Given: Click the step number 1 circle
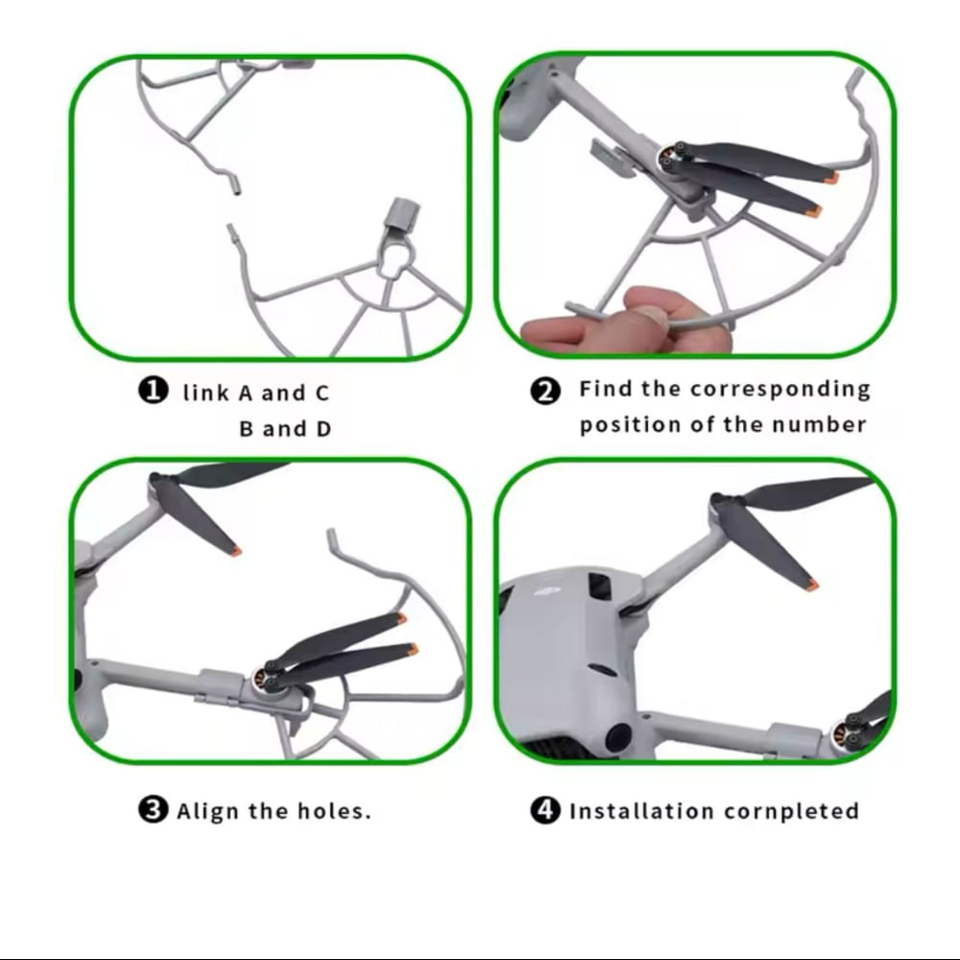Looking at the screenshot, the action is coord(153,391).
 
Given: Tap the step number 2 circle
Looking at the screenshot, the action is coord(545,391).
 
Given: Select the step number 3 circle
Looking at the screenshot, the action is coord(153,809).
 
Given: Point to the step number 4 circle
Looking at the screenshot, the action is coord(545,809).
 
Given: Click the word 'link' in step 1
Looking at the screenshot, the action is coord(206,393).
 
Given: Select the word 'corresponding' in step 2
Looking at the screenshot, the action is coord(780,391).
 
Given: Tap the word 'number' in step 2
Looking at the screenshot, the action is coord(819,424).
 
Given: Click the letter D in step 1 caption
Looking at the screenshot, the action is coord(324,428).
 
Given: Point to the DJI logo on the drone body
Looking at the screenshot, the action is coord(548,591).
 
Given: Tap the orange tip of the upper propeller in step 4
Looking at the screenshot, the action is coord(812,585).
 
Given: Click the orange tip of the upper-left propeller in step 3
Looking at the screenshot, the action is coord(236,550).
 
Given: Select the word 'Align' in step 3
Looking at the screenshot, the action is coord(207,811).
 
